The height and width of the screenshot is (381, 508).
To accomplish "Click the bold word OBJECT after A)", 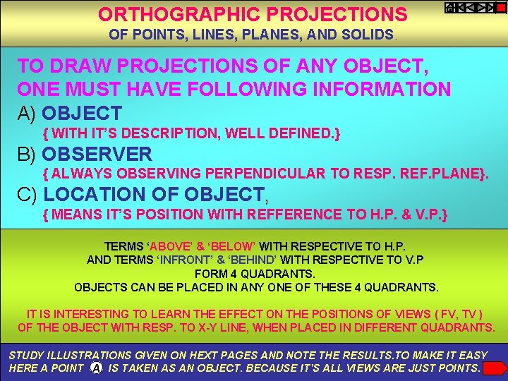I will click(82, 113).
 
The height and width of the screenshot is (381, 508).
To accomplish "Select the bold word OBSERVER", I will click(97, 154).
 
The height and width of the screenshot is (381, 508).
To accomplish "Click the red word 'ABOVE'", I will click(171, 247).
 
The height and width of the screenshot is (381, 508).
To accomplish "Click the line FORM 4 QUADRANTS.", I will click(255, 274).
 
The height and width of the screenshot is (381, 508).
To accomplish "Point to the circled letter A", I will click(95, 369).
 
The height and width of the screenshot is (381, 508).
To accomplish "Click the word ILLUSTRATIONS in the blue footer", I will click(84, 356).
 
